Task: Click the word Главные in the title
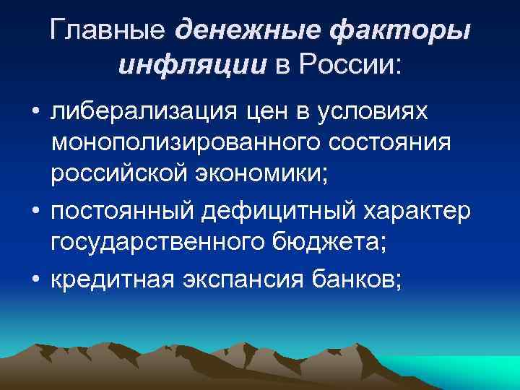click(x=107, y=31)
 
